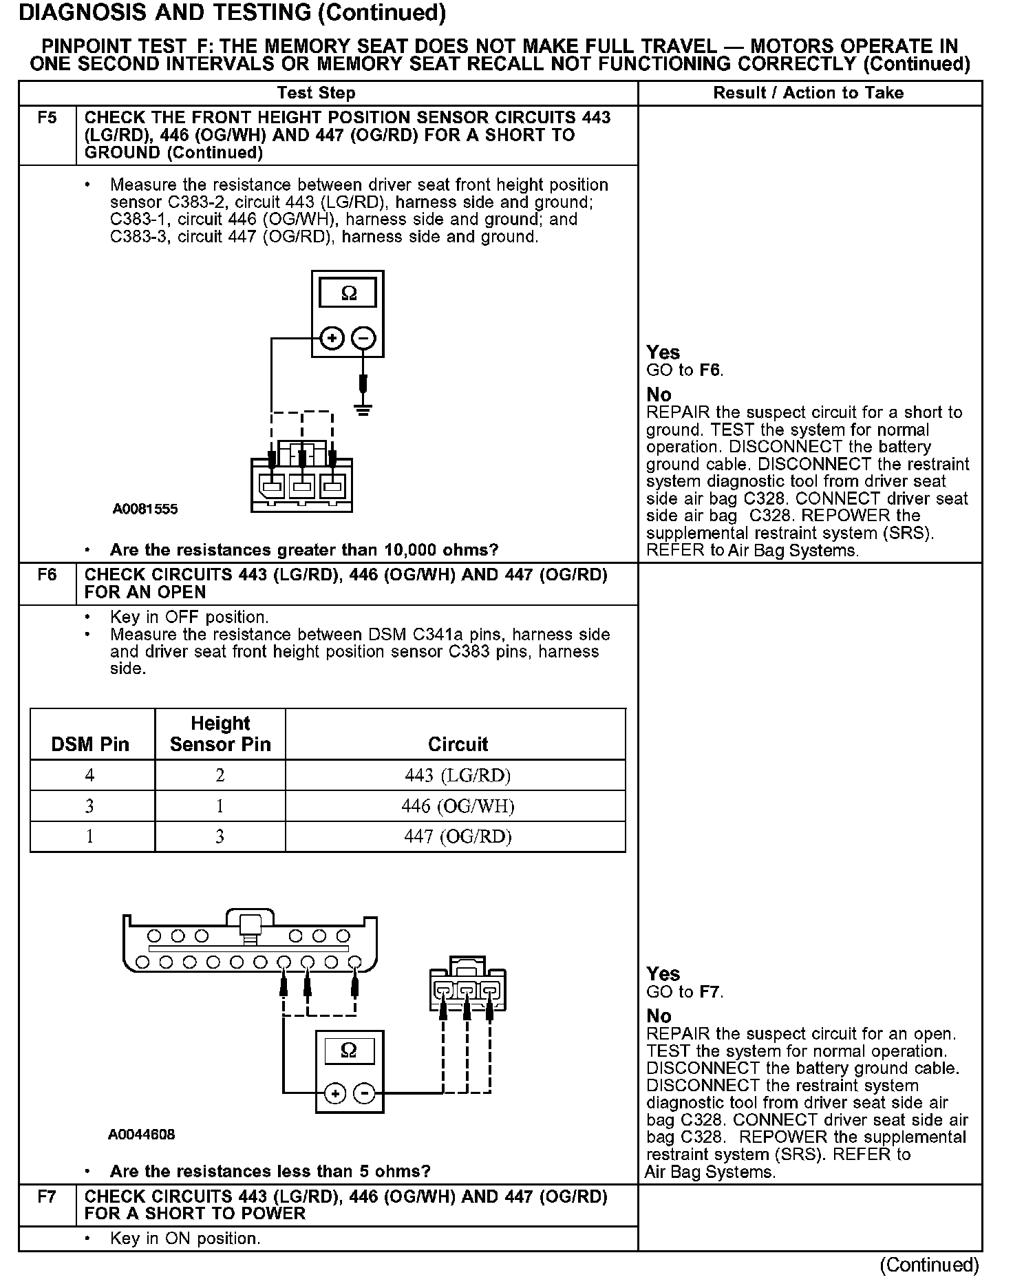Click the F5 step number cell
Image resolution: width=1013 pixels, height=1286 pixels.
pyautogui.click(x=47, y=118)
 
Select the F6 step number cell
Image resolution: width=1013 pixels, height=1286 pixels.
pyautogui.click(x=47, y=575)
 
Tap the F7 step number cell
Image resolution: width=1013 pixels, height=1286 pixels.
pyautogui.click(x=47, y=1197)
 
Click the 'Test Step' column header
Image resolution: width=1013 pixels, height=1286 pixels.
pyautogui.click(x=316, y=93)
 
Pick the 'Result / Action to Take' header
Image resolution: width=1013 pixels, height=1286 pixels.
pyautogui.click(x=809, y=93)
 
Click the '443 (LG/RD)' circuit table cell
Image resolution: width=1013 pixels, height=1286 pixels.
pyautogui.click(x=458, y=776)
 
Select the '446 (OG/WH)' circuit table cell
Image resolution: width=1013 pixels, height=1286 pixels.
pyautogui.click(x=458, y=806)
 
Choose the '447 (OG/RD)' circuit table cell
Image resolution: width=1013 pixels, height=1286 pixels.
pyautogui.click(x=458, y=836)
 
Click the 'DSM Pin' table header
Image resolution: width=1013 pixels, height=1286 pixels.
pyautogui.click(x=90, y=744)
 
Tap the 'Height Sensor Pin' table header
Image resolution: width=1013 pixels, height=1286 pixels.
pyautogui.click(x=220, y=734)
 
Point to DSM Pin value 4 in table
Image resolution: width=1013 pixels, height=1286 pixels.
pyautogui.click(x=89, y=776)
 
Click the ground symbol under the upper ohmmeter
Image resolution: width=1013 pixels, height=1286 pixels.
pyautogui.click(x=363, y=410)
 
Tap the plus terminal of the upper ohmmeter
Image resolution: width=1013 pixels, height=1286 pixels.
pyautogui.click(x=332, y=338)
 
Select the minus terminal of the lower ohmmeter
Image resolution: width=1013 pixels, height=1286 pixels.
pyautogui.click(x=365, y=1094)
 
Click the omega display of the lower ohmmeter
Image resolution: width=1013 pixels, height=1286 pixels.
pyautogui.click(x=349, y=1051)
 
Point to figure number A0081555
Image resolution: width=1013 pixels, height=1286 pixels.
pyautogui.click(x=145, y=509)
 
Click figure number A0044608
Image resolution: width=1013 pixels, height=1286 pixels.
pyautogui.click(x=141, y=1135)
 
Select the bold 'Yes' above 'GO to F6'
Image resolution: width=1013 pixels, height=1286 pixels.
pyautogui.click(x=663, y=352)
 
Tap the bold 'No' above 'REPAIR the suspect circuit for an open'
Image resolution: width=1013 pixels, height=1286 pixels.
pyautogui.click(x=659, y=1016)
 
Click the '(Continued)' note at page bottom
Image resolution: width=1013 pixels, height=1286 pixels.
pyautogui.click(x=929, y=1265)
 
